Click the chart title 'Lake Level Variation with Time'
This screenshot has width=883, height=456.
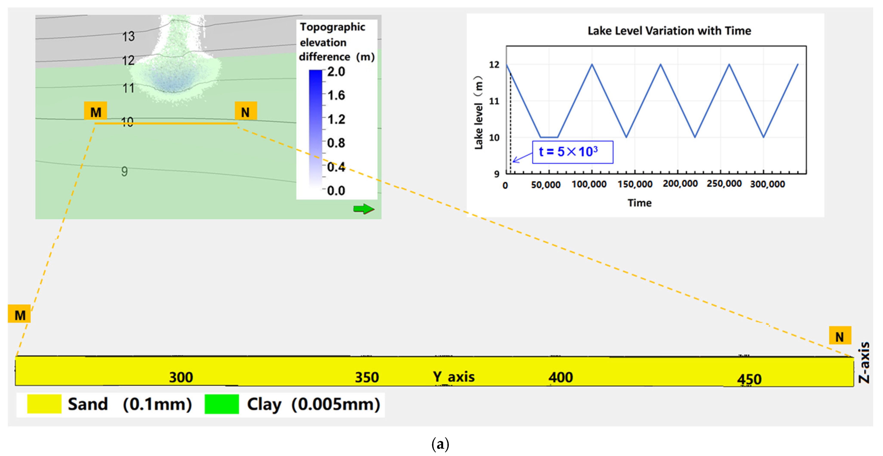[669, 31]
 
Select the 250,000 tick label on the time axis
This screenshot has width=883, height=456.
[724, 184]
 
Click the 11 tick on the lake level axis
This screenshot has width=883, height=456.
[494, 101]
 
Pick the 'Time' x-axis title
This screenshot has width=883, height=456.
[639, 203]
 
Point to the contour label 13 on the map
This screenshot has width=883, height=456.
[129, 36]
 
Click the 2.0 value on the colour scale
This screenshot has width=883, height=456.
[336, 72]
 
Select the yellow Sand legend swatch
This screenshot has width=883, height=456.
[44, 404]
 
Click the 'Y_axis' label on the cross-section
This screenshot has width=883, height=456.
[453, 377]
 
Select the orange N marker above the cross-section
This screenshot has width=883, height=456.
[840, 336]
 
